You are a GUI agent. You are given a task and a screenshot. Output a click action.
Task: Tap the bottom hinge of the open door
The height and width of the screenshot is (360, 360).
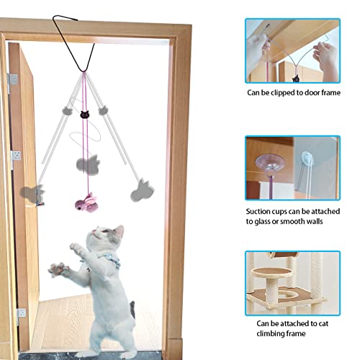click(x=21, y=313)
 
